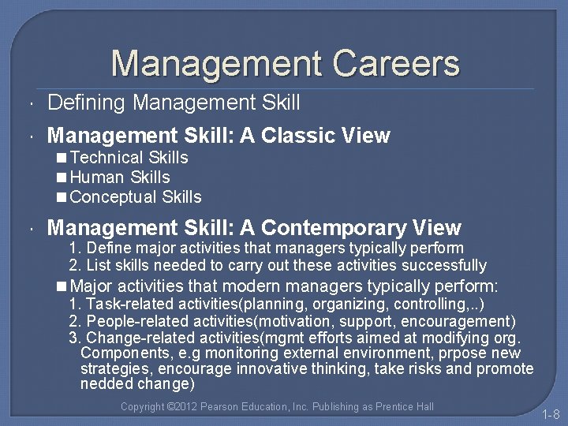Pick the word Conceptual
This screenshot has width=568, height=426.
click(x=114, y=197)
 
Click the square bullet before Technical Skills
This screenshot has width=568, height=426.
click(x=62, y=159)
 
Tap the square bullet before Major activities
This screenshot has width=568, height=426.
click(x=62, y=286)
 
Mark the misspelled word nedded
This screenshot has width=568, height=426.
click(x=106, y=384)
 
